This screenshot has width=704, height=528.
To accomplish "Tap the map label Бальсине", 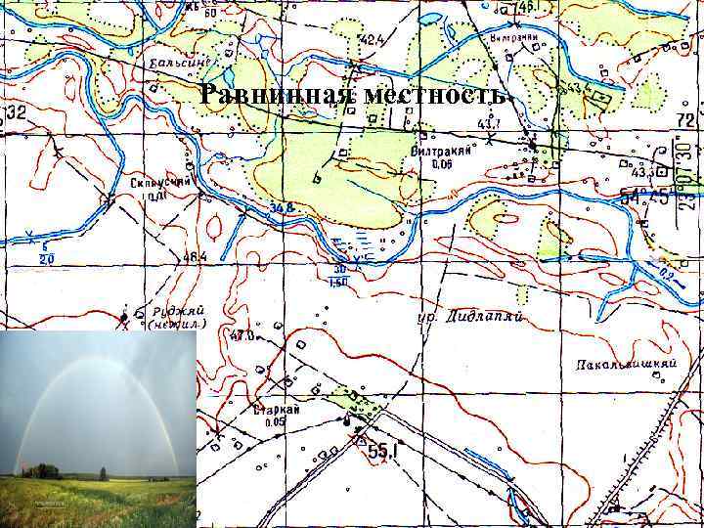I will tap(178, 64).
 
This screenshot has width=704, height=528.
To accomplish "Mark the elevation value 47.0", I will tap(241, 335).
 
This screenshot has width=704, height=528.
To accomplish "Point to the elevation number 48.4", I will tap(195, 257).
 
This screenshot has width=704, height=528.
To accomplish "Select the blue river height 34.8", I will tap(283, 207).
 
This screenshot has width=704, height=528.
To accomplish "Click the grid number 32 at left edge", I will tap(15, 111).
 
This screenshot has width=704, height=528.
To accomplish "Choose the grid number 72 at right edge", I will tap(686, 119).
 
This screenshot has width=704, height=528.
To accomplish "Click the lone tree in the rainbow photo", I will tap(103, 473).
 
